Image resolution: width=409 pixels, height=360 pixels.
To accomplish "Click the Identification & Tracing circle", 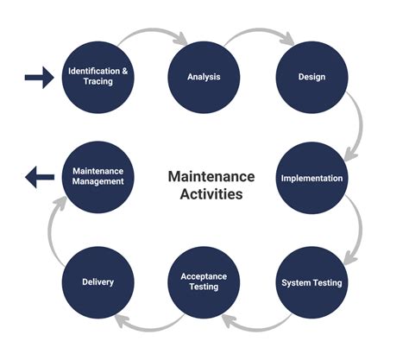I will (98, 76).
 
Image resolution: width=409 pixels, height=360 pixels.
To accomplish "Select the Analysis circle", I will (203, 76).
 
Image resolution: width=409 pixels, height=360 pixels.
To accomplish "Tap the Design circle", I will (311, 76).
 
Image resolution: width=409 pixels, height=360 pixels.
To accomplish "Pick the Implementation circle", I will (311, 179).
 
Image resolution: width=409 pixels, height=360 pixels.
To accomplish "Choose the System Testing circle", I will (311, 282).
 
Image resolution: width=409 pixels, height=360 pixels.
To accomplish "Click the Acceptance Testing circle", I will (203, 282).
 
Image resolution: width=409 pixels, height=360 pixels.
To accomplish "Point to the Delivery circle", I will (98, 282).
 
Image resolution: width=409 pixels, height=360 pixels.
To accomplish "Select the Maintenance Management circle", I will (98, 179).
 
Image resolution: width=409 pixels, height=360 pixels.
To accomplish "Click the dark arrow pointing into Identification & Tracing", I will (38, 79).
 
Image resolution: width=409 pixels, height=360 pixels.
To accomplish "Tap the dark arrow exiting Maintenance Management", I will (39, 180).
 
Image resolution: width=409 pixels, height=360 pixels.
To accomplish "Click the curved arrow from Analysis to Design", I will (257, 35).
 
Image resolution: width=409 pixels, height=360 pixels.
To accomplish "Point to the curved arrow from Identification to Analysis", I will (151, 35).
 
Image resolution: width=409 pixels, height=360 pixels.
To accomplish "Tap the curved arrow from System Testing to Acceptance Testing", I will (257, 323).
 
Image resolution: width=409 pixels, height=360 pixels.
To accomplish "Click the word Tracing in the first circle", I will (98, 82).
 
